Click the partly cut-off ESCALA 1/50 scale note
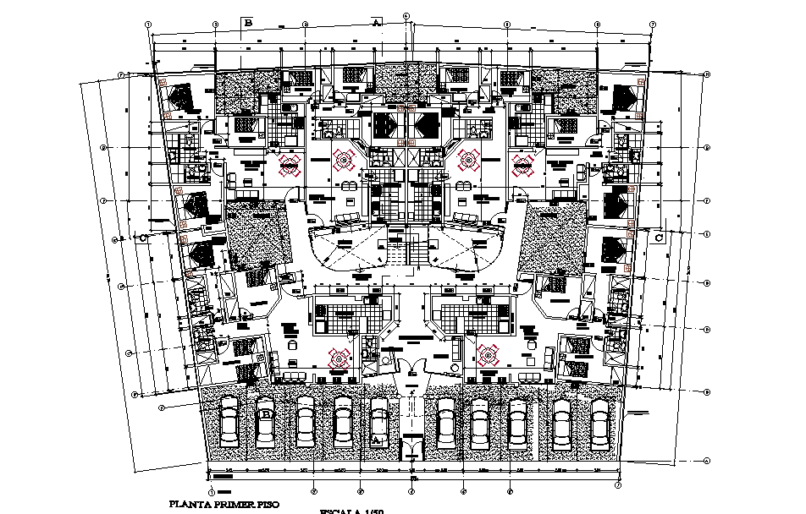[351, 511]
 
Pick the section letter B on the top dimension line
[248, 24]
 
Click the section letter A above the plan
[375, 24]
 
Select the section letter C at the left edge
[144, 238]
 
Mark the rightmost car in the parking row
[600, 422]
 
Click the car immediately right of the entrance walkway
[444, 422]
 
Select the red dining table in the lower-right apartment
[489, 356]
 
